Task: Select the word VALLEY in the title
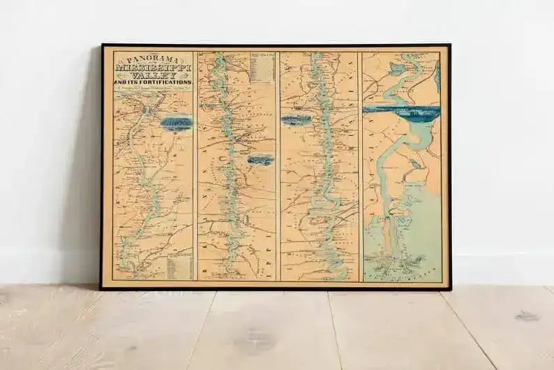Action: click(153, 75)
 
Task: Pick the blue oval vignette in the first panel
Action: click(176, 124)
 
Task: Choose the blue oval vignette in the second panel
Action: click(261, 160)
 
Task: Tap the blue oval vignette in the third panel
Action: click(297, 120)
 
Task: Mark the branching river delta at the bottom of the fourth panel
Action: click(398, 264)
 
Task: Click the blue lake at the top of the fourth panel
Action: click(398, 68)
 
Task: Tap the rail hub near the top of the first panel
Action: click(146, 109)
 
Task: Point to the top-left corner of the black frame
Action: click(102, 45)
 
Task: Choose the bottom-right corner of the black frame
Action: click(450, 288)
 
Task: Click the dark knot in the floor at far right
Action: click(526, 316)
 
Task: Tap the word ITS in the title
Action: click(130, 84)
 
